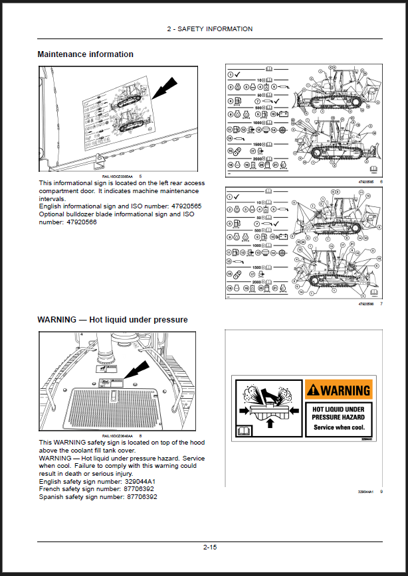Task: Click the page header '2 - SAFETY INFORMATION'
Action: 210,29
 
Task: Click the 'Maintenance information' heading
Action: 85,54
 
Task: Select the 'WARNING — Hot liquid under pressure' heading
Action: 112,320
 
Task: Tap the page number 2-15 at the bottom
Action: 210,547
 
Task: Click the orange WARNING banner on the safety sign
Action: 338,390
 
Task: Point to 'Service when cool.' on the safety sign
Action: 338,427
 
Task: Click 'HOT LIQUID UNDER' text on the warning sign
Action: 338,410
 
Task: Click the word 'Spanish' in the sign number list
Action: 52,497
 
